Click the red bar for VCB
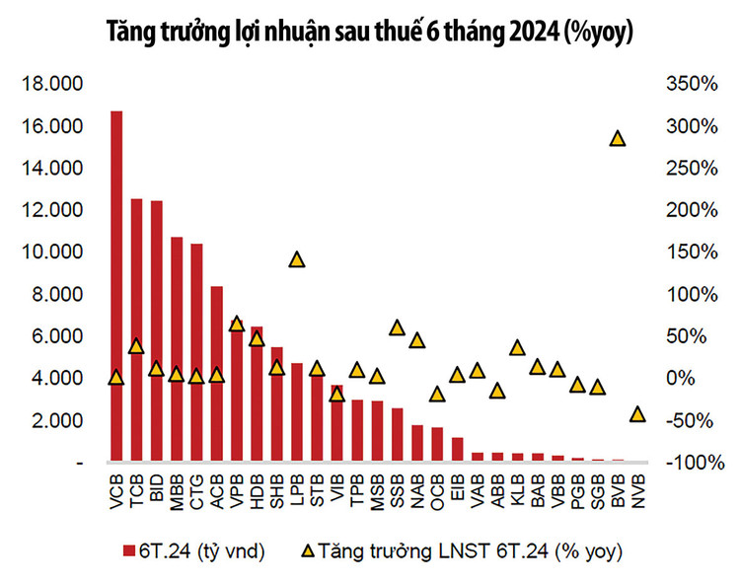click(116, 286)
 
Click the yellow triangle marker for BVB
click(618, 138)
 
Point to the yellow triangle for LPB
click(296, 259)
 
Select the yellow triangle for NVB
click(637, 414)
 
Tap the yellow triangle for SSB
click(397, 327)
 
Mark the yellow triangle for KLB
click(517, 347)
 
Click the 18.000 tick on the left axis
click(53, 85)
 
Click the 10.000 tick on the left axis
click(53, 253)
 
